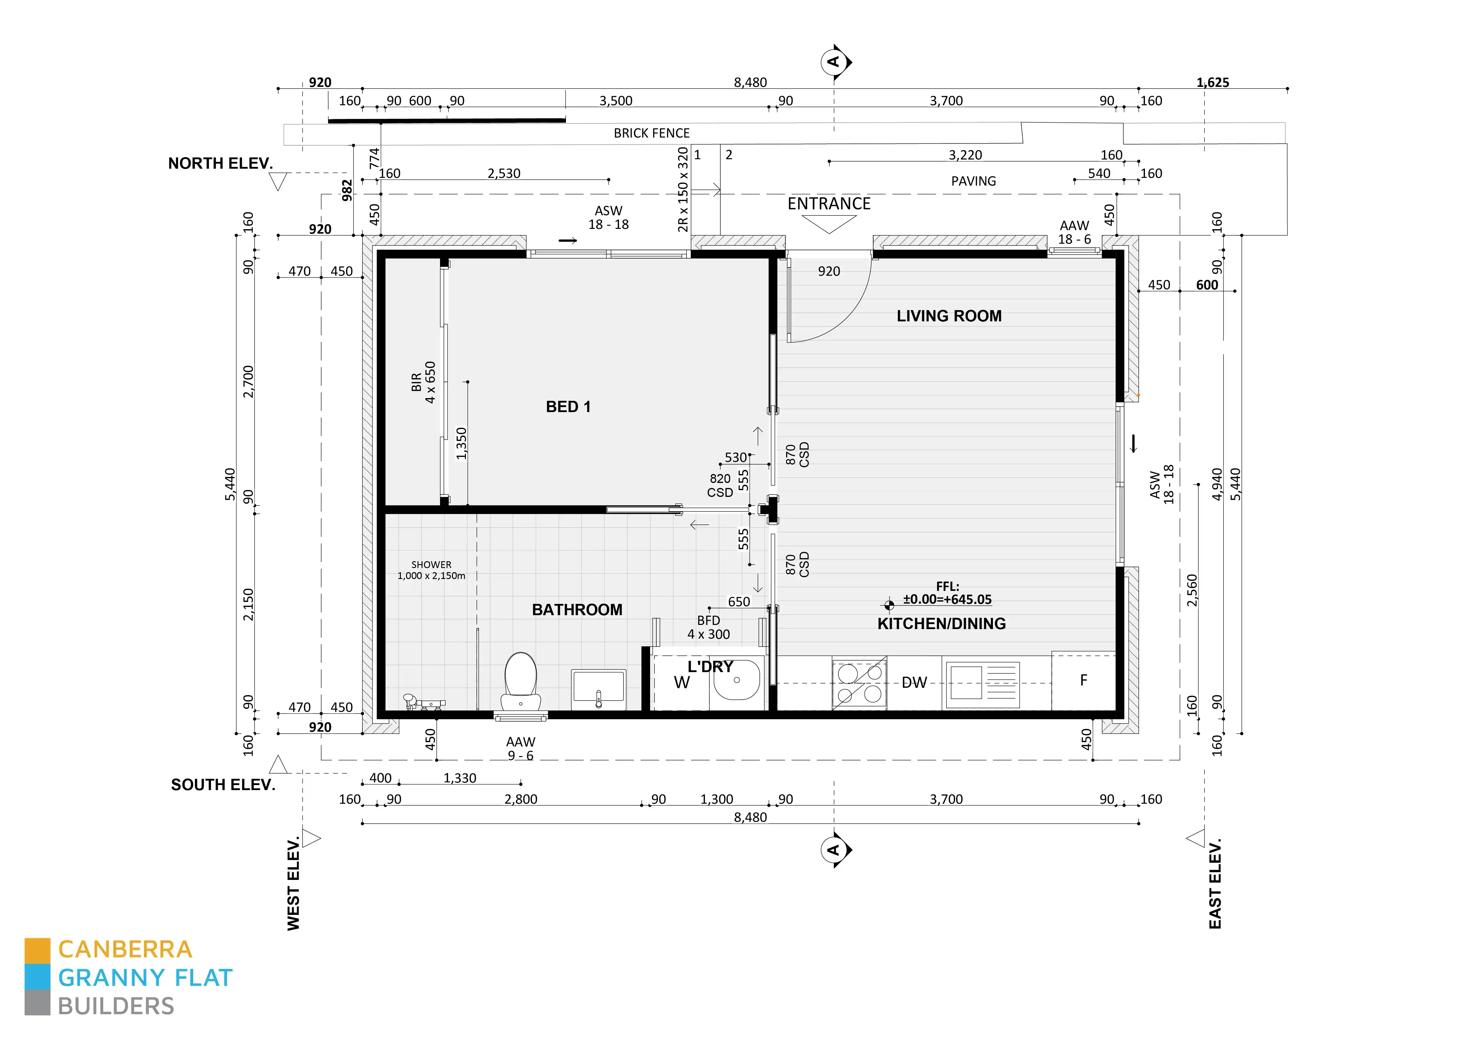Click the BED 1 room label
tap(568, 407)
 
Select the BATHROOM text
tap(577, 610)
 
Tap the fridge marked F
tap(1083, 680)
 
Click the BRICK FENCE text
tap(651, 133)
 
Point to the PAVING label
tap(973, 181)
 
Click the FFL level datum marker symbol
tap(889, 604)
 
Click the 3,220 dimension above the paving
tap(965, 155)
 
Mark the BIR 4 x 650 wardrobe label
tap(423, 382)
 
